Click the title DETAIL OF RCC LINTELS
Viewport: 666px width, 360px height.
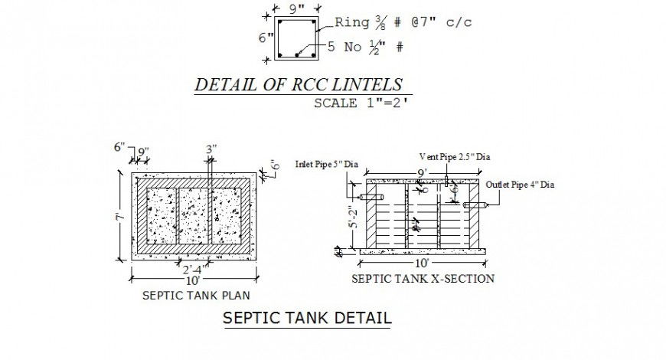tap(299, 84)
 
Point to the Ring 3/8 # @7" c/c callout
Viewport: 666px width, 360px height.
tap(403, 22)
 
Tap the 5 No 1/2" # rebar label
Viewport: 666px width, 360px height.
tap(365, 47)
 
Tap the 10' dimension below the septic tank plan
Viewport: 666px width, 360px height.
tap(192, 280)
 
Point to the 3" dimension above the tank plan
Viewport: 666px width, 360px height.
tap(211, 149)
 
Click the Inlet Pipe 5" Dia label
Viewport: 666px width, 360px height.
tap(327, 164)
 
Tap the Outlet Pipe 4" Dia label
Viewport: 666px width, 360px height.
tap(520, 185)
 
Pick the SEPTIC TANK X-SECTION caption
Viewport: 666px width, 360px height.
tap(422, 279)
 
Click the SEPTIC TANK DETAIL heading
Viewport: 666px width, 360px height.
tap(306, 318)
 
